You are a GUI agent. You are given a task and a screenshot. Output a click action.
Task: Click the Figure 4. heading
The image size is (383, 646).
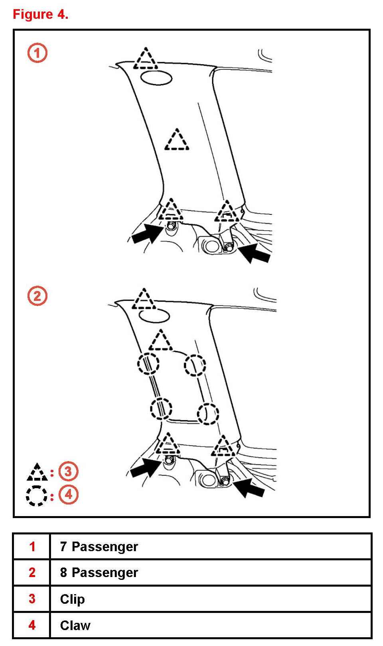[x=41, y=14]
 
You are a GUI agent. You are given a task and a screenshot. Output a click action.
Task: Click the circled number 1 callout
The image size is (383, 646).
[x=37, y=53]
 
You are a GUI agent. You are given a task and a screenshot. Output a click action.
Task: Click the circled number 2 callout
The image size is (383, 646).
[x=37, y=296]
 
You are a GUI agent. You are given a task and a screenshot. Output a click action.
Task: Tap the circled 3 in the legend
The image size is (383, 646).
[x=69, y=471]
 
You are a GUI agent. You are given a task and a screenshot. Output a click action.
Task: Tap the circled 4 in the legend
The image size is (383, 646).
[x=69, y=495]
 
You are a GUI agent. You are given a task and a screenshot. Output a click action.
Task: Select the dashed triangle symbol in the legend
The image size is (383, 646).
[x=37, y=473]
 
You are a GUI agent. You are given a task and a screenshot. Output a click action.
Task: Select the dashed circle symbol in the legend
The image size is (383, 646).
[x=36, y=496]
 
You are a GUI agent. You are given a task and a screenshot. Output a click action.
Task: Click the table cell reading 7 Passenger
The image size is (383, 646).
[x=99, y=546]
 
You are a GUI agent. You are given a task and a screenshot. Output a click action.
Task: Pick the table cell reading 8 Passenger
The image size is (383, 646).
[x=99, y=573]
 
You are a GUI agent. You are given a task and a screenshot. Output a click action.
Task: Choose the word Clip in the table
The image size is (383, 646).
[x=72, y=599]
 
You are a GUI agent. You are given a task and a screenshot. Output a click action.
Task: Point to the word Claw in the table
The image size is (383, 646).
[x=75, y=625]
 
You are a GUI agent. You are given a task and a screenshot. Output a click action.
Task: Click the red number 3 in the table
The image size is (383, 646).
[x=32, y=599]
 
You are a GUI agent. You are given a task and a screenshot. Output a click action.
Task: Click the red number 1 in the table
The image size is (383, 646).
[x=32, y=546]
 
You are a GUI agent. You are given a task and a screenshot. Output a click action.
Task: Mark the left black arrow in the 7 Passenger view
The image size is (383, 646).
[x=146, y=234]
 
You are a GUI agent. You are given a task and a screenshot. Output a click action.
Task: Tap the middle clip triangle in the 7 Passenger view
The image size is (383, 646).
[x=177, y=141]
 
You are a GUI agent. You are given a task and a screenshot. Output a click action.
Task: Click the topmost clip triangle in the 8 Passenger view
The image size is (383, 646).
[x=144, y=300]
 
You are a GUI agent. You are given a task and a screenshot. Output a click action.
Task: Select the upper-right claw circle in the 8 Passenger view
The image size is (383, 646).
[x=195, y=365]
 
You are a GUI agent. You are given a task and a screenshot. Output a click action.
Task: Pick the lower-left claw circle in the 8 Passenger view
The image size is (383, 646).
[x=161, y=409]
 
